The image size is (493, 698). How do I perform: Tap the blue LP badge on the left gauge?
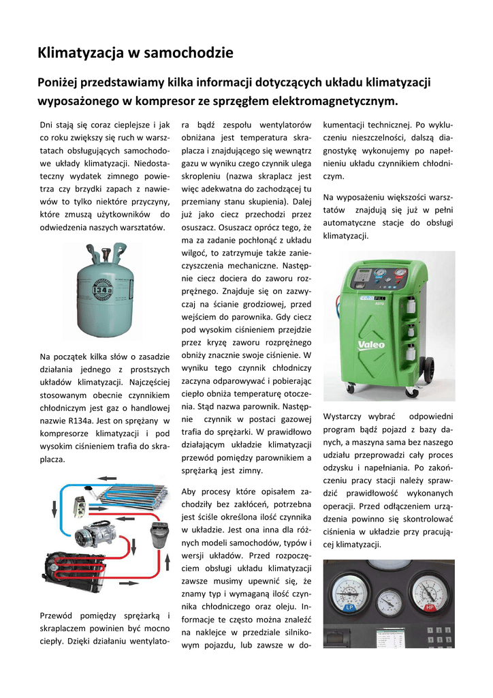[x=349, y=607]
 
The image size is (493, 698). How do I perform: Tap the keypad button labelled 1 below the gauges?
[x=431, y=630]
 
